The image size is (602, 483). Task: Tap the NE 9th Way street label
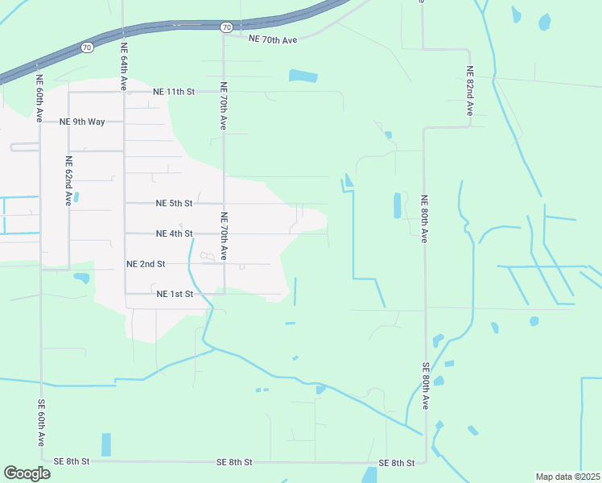pyautogui.click(x=83, y=122)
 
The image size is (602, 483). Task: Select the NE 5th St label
pyautogui.click(x=174, y=204)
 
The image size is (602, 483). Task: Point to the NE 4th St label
pyautogui.click(x=174, y=233)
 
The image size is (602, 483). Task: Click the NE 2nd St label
pyautogui.click(x=146, y=264)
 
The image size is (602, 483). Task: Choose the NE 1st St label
pyautogui.click(x=175, y=294)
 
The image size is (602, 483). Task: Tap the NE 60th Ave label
pyautogui.click(x=39, y=97)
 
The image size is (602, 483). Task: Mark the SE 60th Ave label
pyautogui.click(x=40, y=423)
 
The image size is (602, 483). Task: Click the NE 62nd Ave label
pyautogui.click(x=69, y=180)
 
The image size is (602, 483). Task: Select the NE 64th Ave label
pyautogui.click(x=124, y=68)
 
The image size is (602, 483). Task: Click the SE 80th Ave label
pyautogui.click(x=425, y=386)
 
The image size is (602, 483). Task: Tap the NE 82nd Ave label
pyautogui.click(x=469, y=91)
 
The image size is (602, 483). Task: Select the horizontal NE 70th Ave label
pyautogui.click(x=273, y=39)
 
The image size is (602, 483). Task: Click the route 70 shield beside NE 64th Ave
pyautogui.click(x=87, y=47)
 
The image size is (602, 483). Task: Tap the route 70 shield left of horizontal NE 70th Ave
pyautogui.click(x=227, y=27)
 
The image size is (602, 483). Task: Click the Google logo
pyautogui.click(x=27, y=473)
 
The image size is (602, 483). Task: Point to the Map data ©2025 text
pyautogui.click(x=567, y=477)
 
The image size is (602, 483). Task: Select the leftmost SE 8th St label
pyautogui.click(x=72, y=461)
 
